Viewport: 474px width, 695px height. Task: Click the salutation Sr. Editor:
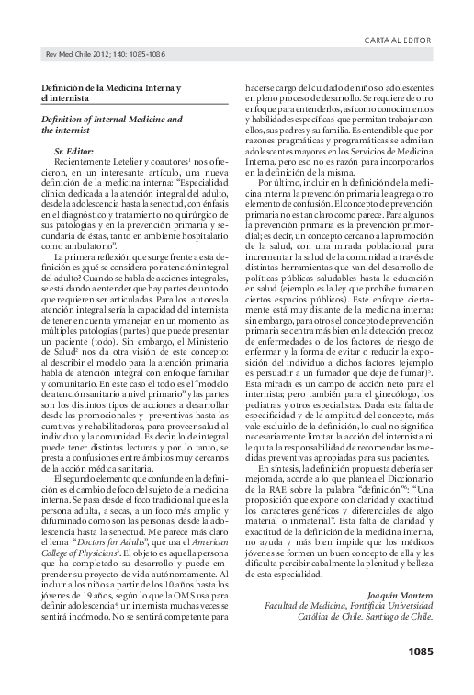click(x=74, y=148)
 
